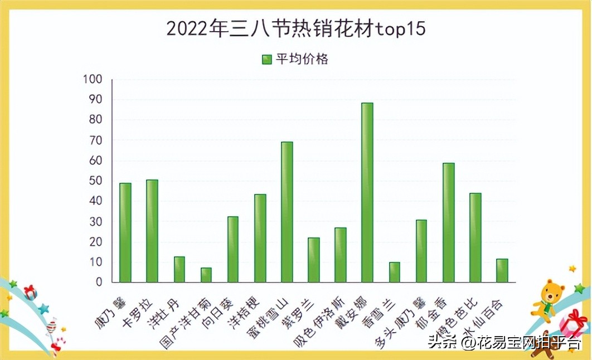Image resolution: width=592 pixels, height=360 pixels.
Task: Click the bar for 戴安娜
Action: (x=367, y=192)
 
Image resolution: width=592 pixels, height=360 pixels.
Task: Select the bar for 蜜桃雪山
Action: (x=287, y=212)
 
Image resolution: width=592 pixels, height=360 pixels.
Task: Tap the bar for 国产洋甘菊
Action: (x=206, y=275)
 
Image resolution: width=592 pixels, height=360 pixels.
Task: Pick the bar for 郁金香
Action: (x=448, y=222)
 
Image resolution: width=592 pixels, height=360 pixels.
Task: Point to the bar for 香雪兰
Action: (x=394, y=272)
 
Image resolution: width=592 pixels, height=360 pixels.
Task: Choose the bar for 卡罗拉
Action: (x=152, y=231)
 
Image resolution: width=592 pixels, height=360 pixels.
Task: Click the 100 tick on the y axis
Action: (x=93, y=79)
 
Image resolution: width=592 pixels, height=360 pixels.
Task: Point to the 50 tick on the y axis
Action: (x=95, y=181)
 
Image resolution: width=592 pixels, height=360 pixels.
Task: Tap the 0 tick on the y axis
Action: (x=99, y=282)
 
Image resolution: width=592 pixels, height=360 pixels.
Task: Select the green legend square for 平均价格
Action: (x=266, y=59)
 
